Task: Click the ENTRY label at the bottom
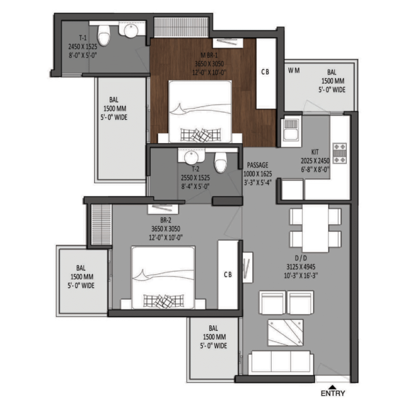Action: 333,393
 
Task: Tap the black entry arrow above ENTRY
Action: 332,387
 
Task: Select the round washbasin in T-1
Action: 131,30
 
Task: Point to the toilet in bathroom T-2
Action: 221,162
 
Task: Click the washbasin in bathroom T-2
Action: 191,157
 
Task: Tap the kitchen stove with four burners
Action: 340,153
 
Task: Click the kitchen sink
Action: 291,130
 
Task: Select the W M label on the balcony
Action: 294,70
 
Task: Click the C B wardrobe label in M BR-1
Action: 265,72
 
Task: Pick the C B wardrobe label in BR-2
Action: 228,275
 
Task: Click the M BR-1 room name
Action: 209,55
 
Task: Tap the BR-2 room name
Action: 166,220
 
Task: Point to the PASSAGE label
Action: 257,165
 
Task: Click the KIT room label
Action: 315,152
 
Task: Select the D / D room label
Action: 301,258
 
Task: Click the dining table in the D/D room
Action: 316,228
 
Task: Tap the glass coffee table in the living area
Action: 285,332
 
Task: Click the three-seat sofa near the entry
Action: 281,362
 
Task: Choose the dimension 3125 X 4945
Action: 301,267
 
